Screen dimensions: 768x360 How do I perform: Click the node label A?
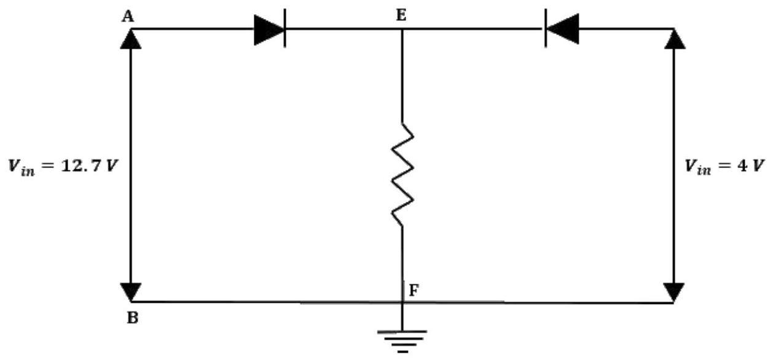click(128, 17)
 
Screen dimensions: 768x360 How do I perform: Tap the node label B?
click(133, 318)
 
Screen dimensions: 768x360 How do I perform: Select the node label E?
click(401, 15)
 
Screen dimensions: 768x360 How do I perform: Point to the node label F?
click(414, 290)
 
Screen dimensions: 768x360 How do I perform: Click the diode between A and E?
click(270, 30)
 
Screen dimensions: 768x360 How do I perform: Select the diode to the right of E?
click(562, 29)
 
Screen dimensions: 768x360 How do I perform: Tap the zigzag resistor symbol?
click(402, 174)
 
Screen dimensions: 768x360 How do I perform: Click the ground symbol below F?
click(402, 342)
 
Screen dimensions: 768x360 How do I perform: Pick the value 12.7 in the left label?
click(81, 166)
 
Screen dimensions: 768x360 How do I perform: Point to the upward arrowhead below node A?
click(131, 39)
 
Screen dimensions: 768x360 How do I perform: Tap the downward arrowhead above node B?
click(131, 292)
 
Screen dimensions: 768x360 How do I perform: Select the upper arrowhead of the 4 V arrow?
click(675, 39)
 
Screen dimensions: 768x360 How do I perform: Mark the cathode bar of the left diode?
click(285, 28)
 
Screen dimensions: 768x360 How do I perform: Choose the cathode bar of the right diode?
click(546, 28)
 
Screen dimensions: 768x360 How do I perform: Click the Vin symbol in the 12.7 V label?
click(22, 167)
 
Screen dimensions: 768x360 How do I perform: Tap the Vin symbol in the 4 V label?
click(699, 167)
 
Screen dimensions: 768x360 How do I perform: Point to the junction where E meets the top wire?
click(402, 29)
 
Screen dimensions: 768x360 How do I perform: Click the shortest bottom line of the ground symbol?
click(403, 351)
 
